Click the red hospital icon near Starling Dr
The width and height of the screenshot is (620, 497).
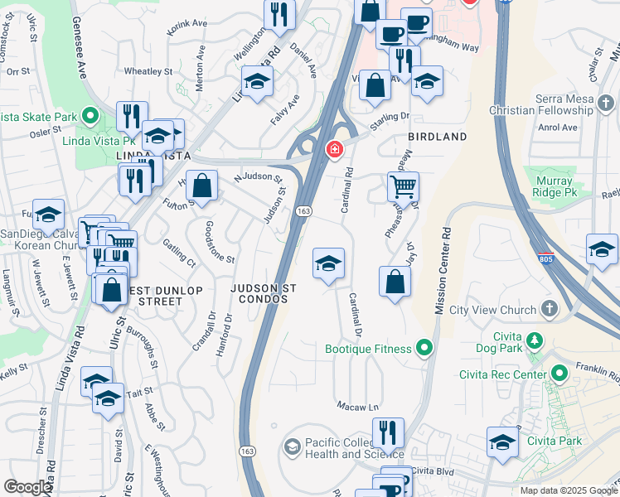tap(334, 150)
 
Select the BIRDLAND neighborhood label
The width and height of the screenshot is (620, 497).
tap(437, 137)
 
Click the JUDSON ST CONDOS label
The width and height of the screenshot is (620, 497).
tap(264, 293)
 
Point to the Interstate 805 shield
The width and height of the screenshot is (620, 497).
tap(545, 258)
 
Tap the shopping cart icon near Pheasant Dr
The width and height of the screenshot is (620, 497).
tap(403, 186)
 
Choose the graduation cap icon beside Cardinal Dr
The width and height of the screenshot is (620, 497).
tap(328, 264)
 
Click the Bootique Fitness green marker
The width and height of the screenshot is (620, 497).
tap(425, 347)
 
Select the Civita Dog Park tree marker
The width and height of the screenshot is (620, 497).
tap(535, 340)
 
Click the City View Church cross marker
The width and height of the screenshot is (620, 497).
tap(548, 310)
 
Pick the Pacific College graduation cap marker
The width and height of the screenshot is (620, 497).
tap(292, 447)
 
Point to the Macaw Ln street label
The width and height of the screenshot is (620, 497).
tap(357, 407)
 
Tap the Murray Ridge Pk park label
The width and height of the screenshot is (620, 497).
tap(553, 186)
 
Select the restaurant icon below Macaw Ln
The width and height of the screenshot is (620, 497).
tap(387, 432)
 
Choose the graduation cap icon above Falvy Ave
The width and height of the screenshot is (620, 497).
tap(258, 82)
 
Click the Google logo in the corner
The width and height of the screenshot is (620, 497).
tap(27, 487)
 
